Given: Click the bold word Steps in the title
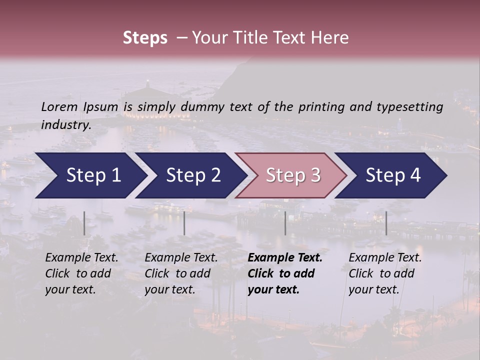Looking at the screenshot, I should tap(145, 38).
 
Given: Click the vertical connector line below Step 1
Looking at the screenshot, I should tap(84, 223).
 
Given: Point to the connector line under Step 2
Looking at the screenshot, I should tap(184, 223).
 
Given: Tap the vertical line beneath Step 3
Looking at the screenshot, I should tap(285, 223).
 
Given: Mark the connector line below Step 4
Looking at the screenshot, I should tap(386, 223).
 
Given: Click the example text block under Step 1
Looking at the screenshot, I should tap(81, 273).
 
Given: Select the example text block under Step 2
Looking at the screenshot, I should tap(181, 273).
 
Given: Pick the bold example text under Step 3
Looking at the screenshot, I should tap(284, 273).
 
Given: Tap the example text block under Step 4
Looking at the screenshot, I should tap(385, 273).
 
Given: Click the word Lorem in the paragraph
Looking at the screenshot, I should tap(59, 106).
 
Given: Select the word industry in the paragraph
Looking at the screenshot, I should tap(66, 125).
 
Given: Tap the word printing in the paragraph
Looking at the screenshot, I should tap(328, 107).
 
